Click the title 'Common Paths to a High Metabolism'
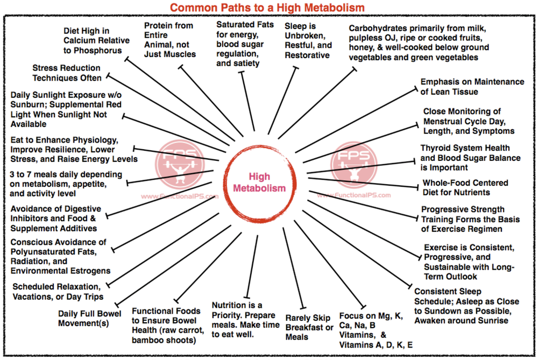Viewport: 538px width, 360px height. pos(267,8)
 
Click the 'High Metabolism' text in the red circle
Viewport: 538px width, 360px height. pos(267,182)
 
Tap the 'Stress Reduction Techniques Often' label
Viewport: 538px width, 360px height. pos(66,73)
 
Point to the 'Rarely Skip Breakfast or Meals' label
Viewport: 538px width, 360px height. pos(309,327)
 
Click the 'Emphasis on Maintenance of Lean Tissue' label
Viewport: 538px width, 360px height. pos(472,87)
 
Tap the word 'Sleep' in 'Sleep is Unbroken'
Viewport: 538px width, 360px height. pos(296,26)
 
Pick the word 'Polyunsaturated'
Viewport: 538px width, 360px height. pos(41,252)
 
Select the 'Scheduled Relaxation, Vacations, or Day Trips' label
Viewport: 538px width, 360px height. pos(57,291)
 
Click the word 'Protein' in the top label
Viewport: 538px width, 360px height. pos(160,26)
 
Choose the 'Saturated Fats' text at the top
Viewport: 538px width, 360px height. pos(245,25)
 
